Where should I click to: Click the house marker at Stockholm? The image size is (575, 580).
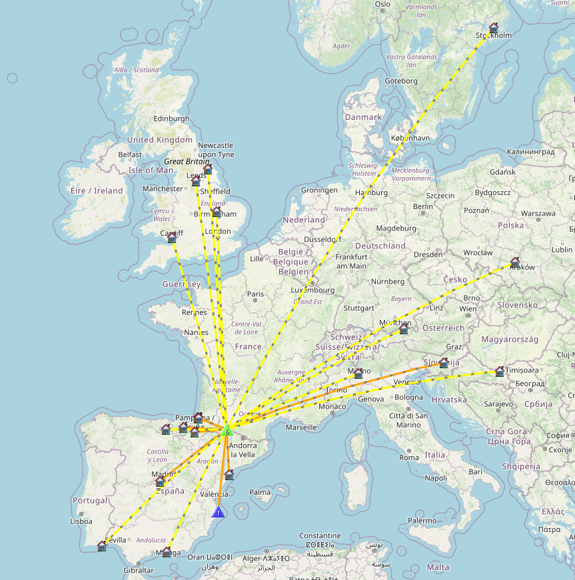click(x=494, y=29)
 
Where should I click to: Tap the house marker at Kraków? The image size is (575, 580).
click(x=515, y=262)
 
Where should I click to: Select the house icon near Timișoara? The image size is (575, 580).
click(x=500, y=371)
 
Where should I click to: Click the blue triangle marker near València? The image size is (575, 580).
click(x=218, y=512)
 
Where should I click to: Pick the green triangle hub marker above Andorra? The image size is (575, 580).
click(x=227, y=430)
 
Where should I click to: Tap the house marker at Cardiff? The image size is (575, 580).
click(x=171, y=236)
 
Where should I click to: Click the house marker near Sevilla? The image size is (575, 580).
click(x=102, y=546)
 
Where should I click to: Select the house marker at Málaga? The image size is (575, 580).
click(x=167, y=551)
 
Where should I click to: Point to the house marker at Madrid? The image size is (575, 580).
click(x=160, y=481)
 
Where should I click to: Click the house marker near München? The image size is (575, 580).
click(x=404, y=329)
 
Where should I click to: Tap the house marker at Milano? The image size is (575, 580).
click(x=358, y=373)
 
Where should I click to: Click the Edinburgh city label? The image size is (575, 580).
click(x=171, y=119)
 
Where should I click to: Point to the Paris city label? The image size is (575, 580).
click(x=255, y=294)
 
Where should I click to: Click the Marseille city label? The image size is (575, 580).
click(x=300, y=427)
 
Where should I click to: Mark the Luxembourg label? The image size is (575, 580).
click(x=313, y=290)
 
